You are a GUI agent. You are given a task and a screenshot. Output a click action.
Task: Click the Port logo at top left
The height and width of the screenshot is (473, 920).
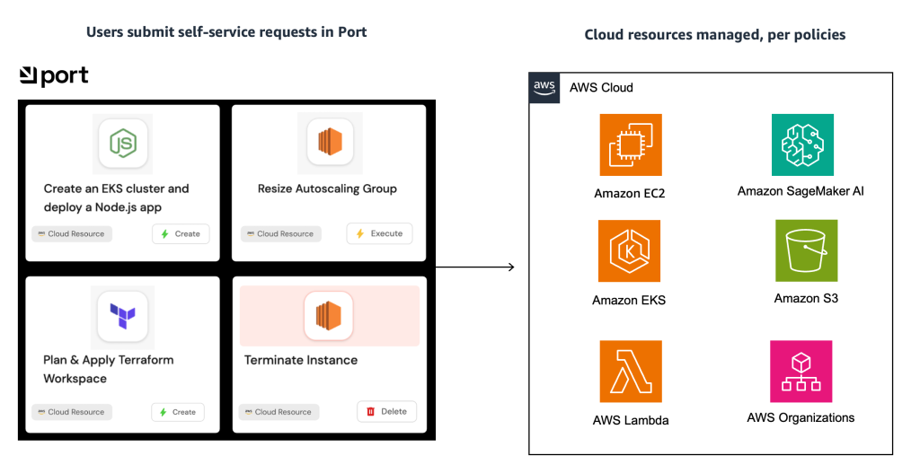pyautogui.click(x=54, y=76)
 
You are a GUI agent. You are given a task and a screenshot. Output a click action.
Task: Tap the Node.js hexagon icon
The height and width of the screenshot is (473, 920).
pyautogui.click(x=122, y=143)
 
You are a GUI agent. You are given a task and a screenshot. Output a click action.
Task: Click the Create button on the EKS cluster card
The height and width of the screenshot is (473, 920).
pyautogui.click(x=181, y=233)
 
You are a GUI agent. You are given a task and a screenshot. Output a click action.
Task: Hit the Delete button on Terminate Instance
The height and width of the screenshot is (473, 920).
pyautogui.click(x=386, y=411)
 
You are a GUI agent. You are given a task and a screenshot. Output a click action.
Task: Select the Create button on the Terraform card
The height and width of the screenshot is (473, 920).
pyautogui.click(x=178, y=412)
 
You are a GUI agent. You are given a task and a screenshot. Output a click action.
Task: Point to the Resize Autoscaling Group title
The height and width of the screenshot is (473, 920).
pyautogui.click(x=327, y=188)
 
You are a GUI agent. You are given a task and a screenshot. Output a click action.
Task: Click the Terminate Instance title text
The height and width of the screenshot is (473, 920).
pyautogui.click(x=301, y=360)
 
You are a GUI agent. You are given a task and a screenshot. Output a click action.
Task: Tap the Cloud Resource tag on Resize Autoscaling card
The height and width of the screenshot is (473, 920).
pyautogui.click(x=280, y=233)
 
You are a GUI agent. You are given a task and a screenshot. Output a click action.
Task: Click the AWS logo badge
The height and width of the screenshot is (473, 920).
pyautogui.click(x=544, y=87)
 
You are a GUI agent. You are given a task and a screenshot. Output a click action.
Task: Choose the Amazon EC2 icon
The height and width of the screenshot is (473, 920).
pyautogui.click(x=630, y=145)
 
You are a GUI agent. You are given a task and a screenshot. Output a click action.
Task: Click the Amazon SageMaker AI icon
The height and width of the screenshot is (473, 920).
pyautogui.click(x=802, y=145)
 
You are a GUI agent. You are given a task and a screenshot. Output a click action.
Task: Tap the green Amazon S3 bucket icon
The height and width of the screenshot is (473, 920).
pyautogui.click(x=806, y=251)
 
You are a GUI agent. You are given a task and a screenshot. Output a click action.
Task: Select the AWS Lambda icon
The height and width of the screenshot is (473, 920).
pyautogui.click(x=631, y=371)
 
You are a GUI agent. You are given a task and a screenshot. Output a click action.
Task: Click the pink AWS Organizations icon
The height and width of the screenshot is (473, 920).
pyautogui.click(x=801, y=371)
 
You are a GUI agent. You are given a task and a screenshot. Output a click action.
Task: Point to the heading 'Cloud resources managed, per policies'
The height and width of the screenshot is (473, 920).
pyautogui.click(x=714, y=35)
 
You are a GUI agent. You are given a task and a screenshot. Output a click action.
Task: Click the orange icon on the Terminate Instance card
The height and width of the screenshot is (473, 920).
pyautogui.click(x=328, y=316)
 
